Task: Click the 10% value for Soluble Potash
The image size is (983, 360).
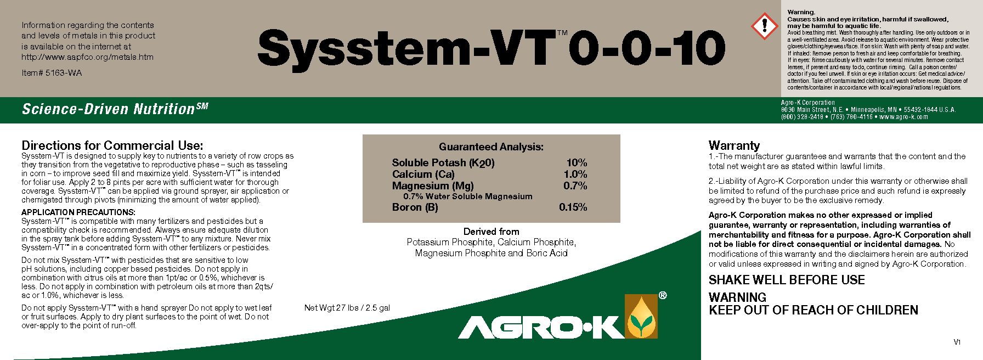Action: point(577,163)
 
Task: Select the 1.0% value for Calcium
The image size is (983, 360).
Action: point(575,175)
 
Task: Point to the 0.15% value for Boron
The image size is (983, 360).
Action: point(573,207)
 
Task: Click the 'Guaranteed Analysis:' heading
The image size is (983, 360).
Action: point(491,147)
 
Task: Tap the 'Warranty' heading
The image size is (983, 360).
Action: point(734,145)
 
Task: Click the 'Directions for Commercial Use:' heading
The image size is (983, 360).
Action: point(112,145)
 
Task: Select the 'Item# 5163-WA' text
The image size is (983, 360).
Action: point(52,73)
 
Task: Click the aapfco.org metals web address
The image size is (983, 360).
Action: point(88,57)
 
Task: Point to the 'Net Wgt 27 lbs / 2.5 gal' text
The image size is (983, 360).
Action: point(347,308)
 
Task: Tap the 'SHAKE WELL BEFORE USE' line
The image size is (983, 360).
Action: point(787,280)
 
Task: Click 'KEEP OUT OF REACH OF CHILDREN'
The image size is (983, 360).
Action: point(813,311)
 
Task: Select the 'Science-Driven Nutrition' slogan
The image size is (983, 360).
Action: point(109,109)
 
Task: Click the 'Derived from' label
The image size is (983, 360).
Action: point(491,232)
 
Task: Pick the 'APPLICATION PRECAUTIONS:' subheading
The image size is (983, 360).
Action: point(78,212)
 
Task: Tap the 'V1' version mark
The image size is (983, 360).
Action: point(957,342)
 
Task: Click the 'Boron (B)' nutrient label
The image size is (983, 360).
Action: point(415,207)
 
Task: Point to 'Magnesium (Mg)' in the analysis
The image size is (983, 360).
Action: point(433,186)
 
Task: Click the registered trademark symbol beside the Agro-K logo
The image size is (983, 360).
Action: point(663,296)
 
